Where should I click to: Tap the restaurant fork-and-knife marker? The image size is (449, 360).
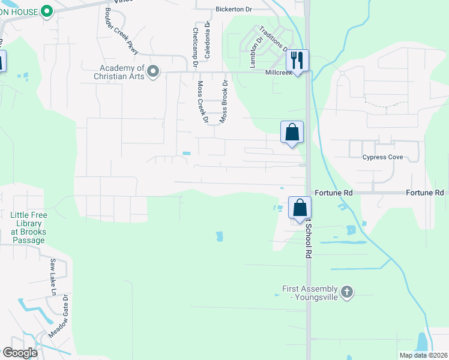click(297, 60)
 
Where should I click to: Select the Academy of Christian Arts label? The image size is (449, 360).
click(120, 72)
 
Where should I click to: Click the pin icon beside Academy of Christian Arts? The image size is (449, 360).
click(153, 72)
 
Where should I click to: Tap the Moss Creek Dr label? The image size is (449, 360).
click(202, 101)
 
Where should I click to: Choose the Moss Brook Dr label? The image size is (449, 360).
click(224, 102)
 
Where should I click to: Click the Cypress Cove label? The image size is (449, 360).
click(382, 158)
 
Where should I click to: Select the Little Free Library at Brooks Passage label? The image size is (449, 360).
click(28, 227)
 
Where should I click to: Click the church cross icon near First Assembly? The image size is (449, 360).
click(346, 292)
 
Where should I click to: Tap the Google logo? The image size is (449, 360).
click(20, 352)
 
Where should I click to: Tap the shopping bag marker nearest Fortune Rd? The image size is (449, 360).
click(300, 208)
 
